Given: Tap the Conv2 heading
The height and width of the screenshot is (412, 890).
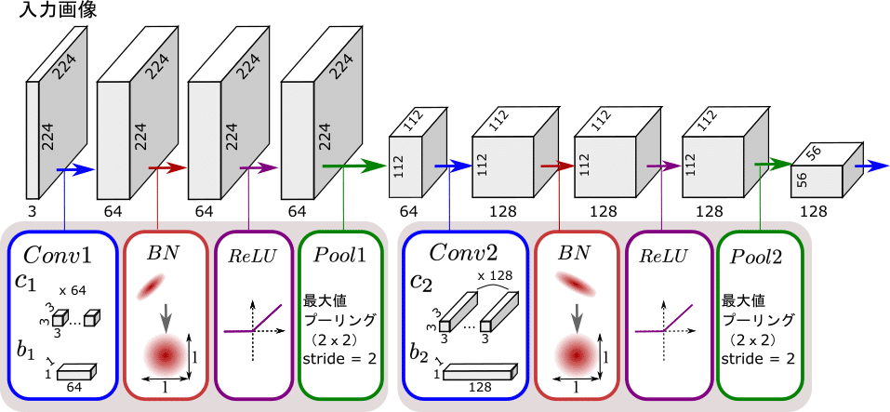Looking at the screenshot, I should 462,253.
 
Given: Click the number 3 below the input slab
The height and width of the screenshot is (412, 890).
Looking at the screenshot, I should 31,212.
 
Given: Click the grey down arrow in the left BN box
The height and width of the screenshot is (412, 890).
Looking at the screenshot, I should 166,318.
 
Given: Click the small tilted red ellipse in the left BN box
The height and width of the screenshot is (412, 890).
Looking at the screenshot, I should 151,288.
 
